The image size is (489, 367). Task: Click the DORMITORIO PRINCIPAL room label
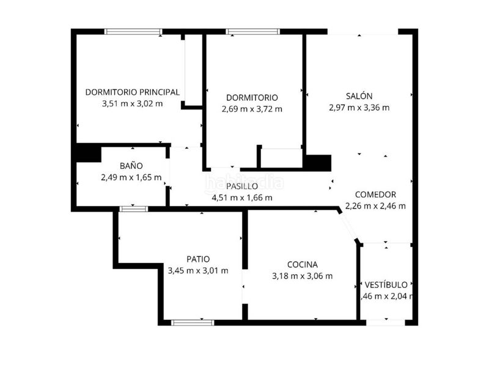(x=133, y=92)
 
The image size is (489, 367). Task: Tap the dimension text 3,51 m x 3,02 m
(x=133, y=103)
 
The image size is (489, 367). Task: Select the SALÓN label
(x=359, y=96)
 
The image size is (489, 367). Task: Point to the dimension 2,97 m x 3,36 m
(x=359, y=108)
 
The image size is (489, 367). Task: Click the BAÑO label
(x=131, y=166)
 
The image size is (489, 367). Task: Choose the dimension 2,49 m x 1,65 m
(x=131, y=177)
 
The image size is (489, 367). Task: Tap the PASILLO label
(x=242, y=187)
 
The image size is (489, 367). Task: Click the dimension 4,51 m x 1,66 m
(x=242, y=198)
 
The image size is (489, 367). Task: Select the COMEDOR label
(x=375, y=195)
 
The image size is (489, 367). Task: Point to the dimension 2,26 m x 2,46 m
(x=375, y=206)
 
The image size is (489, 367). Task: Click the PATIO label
(x=199, y=259)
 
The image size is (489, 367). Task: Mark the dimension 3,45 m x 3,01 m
(x=199, y=270)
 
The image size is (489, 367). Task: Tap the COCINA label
(x=303, y=265)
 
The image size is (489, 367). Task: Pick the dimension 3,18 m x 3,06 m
(x=303, y=276)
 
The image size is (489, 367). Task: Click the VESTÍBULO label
(x=386, y=285)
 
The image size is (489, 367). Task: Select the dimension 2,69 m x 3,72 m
(x=252, y=109)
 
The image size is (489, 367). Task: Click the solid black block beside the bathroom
(x=87, y=153)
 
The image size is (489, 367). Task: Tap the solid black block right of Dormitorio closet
(x=318, y=163)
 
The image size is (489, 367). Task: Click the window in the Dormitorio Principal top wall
(x=133, y=31)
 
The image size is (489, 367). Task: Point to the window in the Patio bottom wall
(x=192, y=322)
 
